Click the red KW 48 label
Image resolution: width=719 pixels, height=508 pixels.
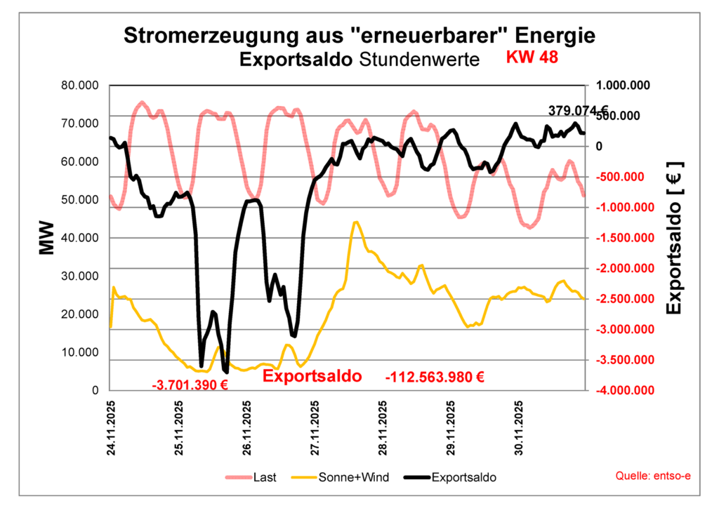tap(532, 58)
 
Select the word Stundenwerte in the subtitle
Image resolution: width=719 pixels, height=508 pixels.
tap(419, 60)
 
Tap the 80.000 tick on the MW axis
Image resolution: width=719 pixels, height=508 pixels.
tap(79, 86)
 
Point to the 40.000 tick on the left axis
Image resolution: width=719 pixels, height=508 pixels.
tap(79, 238)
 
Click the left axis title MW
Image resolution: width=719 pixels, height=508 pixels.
tap(46, 238)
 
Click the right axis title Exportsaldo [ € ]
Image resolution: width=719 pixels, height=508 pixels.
tap(674, 238)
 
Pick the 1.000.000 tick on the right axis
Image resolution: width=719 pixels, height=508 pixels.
tap(624, 86)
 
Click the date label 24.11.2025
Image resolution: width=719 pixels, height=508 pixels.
tap(112, 429)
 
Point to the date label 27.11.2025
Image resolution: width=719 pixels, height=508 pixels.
tap(315, 429)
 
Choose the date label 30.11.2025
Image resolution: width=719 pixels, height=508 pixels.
tap(519, 429)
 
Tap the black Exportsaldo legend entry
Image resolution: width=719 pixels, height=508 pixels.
tap(463, 478)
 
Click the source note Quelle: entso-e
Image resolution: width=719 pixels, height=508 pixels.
tap(653, 476)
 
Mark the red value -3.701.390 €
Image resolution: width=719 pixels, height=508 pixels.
tap(190, 385)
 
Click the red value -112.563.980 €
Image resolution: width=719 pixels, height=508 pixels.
tap(435, 377)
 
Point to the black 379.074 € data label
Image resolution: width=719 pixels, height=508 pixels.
tap(577, 110)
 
